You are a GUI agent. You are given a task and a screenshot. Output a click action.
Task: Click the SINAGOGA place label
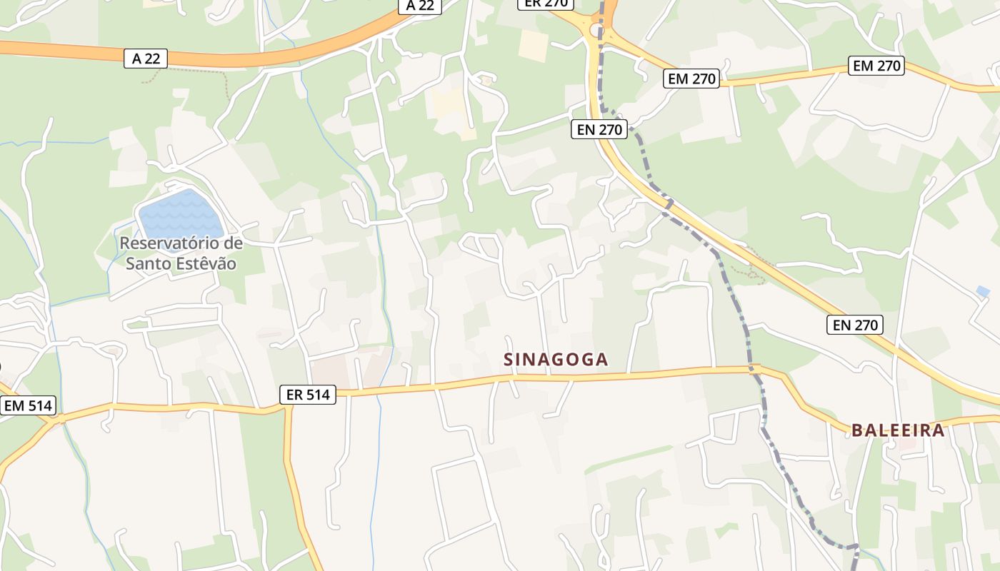[x=556, y=360]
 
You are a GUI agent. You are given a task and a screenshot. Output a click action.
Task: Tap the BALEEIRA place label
[x=898, y=430]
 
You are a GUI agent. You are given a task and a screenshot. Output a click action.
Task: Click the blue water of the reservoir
[x=179, y=213]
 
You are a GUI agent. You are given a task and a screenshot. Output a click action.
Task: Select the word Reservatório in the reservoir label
[x=181, y=243]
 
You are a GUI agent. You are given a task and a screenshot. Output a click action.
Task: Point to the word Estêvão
[x=204, y=263]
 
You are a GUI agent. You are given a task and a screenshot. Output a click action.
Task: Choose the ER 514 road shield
[x=308, y=395]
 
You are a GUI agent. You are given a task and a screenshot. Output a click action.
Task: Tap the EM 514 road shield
[x=28, y=406]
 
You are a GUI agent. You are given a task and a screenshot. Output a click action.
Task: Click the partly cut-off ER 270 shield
[x=545, y=3]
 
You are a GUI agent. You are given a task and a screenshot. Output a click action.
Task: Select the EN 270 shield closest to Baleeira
[x=855, y=325]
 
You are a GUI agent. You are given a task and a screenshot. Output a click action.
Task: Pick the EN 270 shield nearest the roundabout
[x=599, y=129]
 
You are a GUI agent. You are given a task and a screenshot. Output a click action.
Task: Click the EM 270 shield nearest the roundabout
[x=691, y=79]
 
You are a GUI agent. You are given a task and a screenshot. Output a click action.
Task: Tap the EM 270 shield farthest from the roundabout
[x=877, y=66]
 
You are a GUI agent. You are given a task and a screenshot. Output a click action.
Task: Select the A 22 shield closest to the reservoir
[x=146, y=59]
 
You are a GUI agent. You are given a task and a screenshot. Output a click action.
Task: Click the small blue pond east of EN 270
[x=983, y=291]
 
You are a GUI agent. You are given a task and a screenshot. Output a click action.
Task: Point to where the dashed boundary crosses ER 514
[x=754, y=370]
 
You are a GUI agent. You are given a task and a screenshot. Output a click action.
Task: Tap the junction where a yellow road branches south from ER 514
[x=287, y=409]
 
